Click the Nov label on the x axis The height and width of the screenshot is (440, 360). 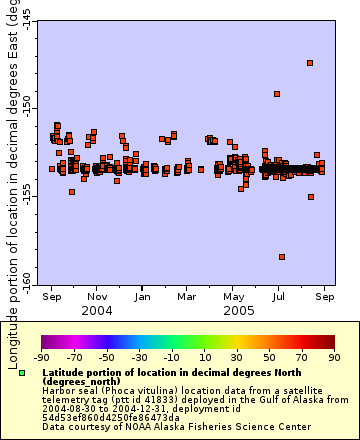click(x=97, y=296)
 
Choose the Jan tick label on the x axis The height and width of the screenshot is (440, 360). click(x=142, y=296)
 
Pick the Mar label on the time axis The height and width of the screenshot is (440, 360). click(x=187, y=296)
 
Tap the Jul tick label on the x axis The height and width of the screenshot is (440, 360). click(x=279, y=296)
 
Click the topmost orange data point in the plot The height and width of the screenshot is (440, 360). click(x=311, y=63)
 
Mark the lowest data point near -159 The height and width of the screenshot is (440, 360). click(x=282, y=257)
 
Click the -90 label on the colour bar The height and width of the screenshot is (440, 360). click(x=41, y=356)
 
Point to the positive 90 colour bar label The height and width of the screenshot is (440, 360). click(x=333, y=356)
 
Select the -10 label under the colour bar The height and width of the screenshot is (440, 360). click(x=171, y=356)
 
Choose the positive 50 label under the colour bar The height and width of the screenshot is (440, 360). click(x=268, y=356)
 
